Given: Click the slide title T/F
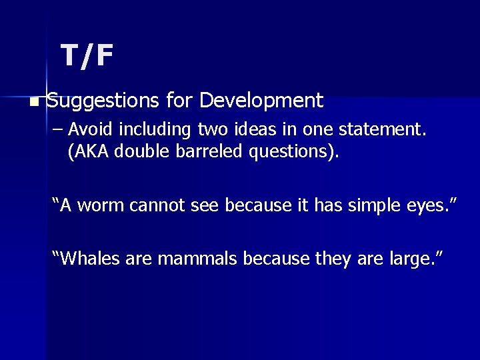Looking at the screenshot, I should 87,56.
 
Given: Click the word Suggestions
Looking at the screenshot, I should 103,101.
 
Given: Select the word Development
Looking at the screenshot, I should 261,101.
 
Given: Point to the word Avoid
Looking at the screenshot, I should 90,129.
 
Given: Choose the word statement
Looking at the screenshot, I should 387,129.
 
